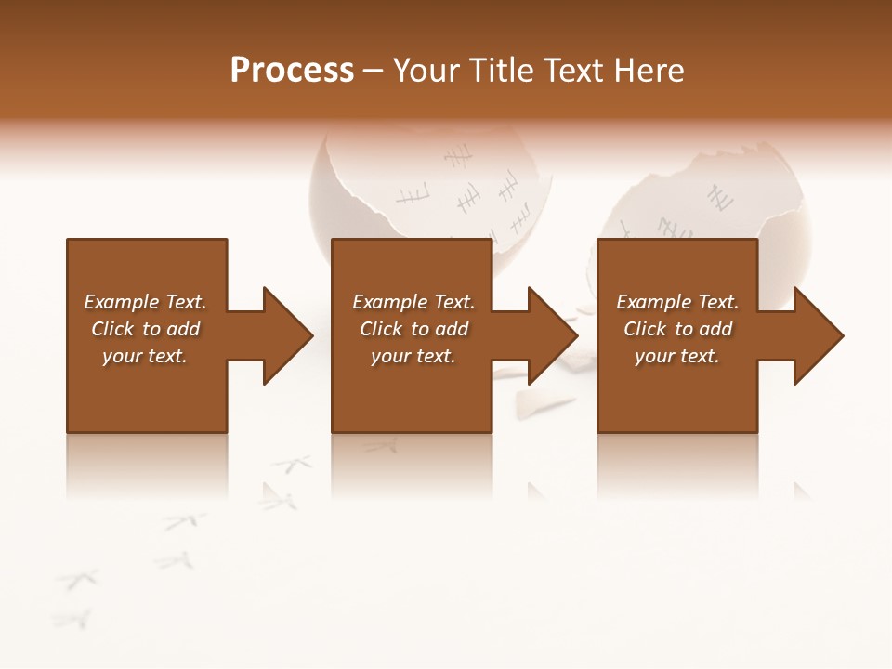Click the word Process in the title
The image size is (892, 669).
pyautogui.click(x=292, y=71)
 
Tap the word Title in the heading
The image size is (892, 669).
pyautogui.click(x=498, y=71)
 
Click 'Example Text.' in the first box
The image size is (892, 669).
pyautogui.click(x=145, y=302)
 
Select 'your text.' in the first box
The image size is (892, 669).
pyautogui.click(x=145, y=356)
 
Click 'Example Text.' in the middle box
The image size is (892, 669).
pyautogui.click(x=413, y=302)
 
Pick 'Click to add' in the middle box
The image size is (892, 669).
pyautogui.click(x=413, y=329)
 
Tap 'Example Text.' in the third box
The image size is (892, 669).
pyautogui.click(x=677, y=302)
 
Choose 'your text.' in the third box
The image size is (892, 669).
pyautogui.click(x=677, y=356)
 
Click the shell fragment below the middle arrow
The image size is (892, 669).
pyautogui.click(x=544, y=402)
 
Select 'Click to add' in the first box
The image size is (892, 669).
pyautogui.click(x=145, y=329)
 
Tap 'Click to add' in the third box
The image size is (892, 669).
pyautogui.click(x=677, y=329)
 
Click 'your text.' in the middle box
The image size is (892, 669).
pyautogui.click(x=413, y=356)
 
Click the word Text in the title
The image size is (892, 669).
pyautogui.click(x=576, y=71)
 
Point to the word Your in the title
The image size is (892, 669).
pyautogui.click(x=426, y=71)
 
